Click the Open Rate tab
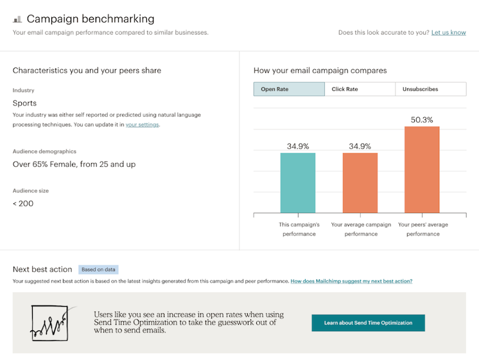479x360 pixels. [x=289, y=89]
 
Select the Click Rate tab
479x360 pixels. [x=360, y=89]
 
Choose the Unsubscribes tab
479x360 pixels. [x=430, y=89]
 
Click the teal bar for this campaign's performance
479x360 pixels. [x=298, y=183]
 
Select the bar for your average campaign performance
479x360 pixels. [x=360, y=183]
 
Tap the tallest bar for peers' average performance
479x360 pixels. [x=422, y=170]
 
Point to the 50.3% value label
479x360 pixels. [x=422, y=120]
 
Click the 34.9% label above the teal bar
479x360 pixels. [x=298, y=146]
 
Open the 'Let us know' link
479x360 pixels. [x=448, y=33]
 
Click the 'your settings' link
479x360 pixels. [x=142, y=124]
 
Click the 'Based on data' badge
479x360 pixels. [x=98, y=270]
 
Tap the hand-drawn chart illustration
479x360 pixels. [x=49, y=321]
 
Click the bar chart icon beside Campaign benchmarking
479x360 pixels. [x=17, y=20]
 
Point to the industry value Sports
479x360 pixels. [x=24, y=103]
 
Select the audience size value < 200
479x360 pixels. [x=23, y=203]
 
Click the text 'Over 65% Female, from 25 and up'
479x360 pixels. [x=74, y=164]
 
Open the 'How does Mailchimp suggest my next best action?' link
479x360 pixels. [x=351, y=281]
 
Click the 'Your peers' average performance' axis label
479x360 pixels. [x=422, y=229]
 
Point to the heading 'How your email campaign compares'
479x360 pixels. [x=320, y=71]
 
